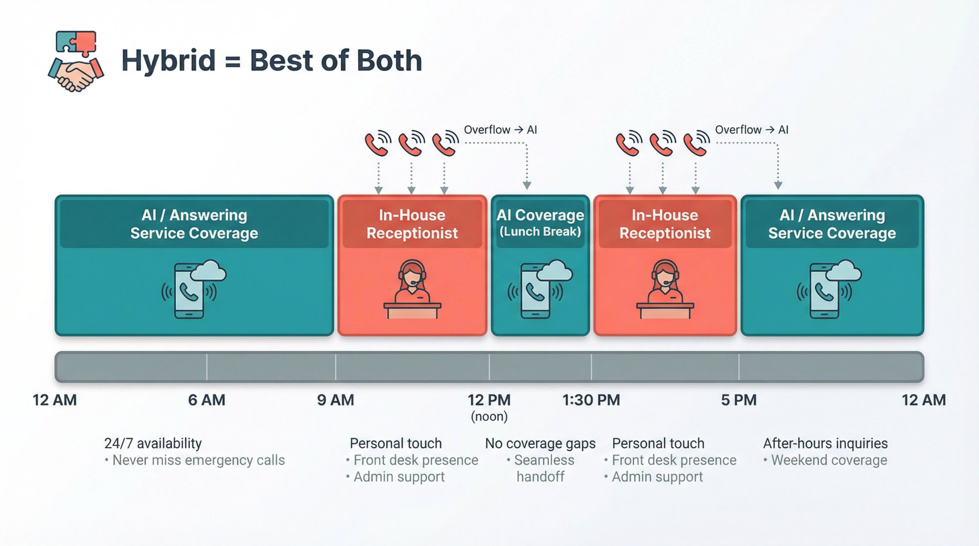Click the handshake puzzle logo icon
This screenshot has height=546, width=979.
tap(76, 61)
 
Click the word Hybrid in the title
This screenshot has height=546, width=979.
tap(168, 61)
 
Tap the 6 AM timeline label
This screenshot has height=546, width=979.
tap(207, 400)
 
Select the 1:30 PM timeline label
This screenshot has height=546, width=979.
tap(591, 400)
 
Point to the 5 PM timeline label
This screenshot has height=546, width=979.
tap(739, 400)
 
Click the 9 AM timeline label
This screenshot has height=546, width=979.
tap(335, 400)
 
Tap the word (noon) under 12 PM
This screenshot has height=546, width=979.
tap(489, 417)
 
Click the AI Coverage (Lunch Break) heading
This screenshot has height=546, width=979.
tap(540, 223)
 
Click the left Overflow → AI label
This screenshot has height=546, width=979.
tap(500, 130)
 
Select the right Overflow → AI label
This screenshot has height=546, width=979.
tap(751, 130)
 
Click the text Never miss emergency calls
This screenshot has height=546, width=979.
tap(198, 460)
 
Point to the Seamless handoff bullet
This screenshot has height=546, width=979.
tap(541, 468)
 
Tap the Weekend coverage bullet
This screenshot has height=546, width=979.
tap(828, 460)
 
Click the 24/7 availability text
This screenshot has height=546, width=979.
tap(153, 443)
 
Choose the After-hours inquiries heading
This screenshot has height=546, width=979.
tap(825, 443)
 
